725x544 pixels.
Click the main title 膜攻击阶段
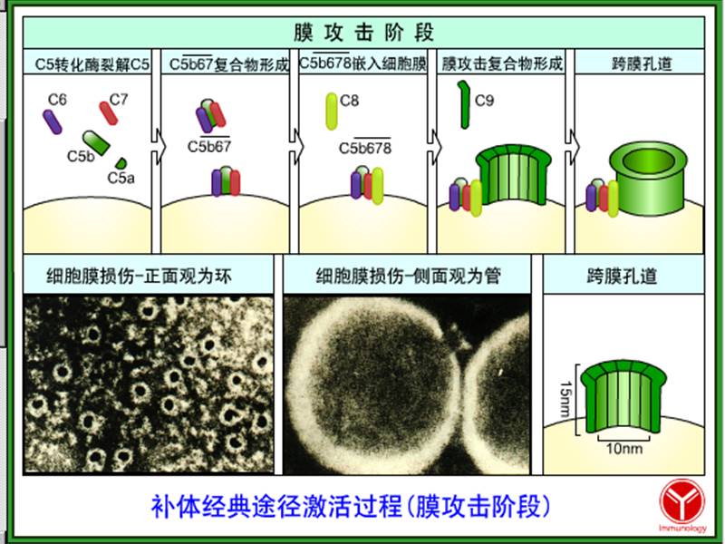point(363,33)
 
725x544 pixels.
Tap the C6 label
point(57,99)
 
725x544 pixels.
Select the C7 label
point(119,98)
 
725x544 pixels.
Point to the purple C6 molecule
point(52,122)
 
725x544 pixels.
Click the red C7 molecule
point(108,113)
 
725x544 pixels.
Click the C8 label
point(349,101)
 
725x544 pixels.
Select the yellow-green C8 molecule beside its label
point(332,109)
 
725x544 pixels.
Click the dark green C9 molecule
point(464,104)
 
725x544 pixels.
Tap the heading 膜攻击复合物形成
point(502,64)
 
